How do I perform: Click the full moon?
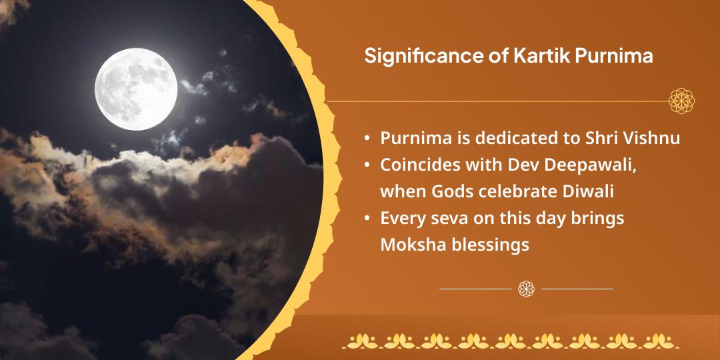coord(136,87)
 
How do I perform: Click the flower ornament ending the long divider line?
coord(682,101)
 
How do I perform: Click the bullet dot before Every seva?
coord(367,219)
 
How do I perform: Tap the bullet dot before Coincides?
coord(367,165)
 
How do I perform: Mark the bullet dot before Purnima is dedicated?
coord(367,139)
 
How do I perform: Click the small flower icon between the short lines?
coord(526,289)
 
